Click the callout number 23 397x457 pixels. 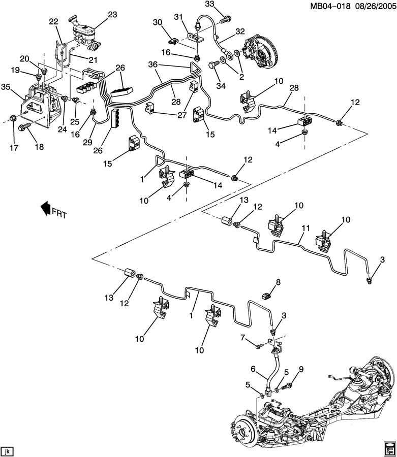(113, 15)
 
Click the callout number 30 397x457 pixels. (157, 22)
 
